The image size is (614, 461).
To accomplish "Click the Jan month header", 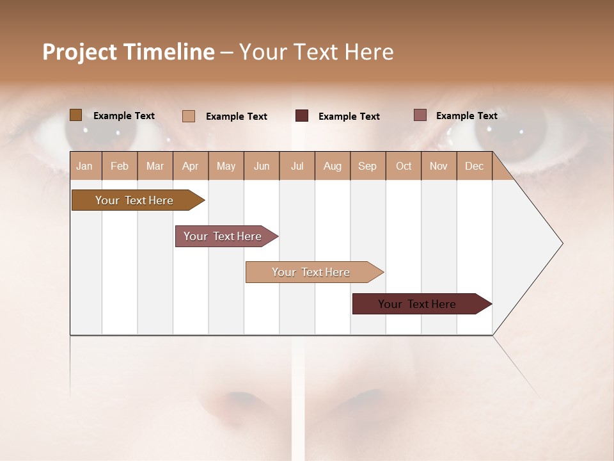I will pyautogui.click(x=84, y=166).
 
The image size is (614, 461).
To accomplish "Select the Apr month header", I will pyautogui.click(x=191, y=166).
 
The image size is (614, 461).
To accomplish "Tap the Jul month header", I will pyautogui.click(x=297, y=166).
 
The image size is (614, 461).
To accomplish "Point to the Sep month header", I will pyautogui.click(x=367, y=166).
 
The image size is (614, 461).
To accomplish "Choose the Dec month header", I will pyautogui.click(x=474, y=166).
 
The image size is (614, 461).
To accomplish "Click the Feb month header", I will pyautogui.click(x=120, y=166).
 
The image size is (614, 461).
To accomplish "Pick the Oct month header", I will pyautogui.click(x=404, y=166).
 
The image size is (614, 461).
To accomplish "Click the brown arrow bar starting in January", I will pyautogui.click(x=134, y=200).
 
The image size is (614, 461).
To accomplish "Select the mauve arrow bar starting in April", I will pyautogui.click(x=223, y=236).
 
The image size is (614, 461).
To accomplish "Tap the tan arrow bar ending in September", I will pyautogui.click(x=311, y=272).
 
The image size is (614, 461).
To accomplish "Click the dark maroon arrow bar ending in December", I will pyautogui.click(x=417, y=304).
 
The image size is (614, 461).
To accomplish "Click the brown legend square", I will pyautogui.click(x=75, y=115).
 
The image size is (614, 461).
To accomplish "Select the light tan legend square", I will pyautogui.click(x=189, y=116).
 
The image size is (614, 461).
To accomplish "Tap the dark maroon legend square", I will pyautogui.click(x=302, y=116).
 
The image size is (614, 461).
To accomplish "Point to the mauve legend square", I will pyautogui.click(x=420, y=115).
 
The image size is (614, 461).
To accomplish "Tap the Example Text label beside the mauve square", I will pyautogui.click(x=466, y=116).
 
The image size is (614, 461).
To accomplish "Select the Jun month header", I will pyautogui.click(x=262, y=166).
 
